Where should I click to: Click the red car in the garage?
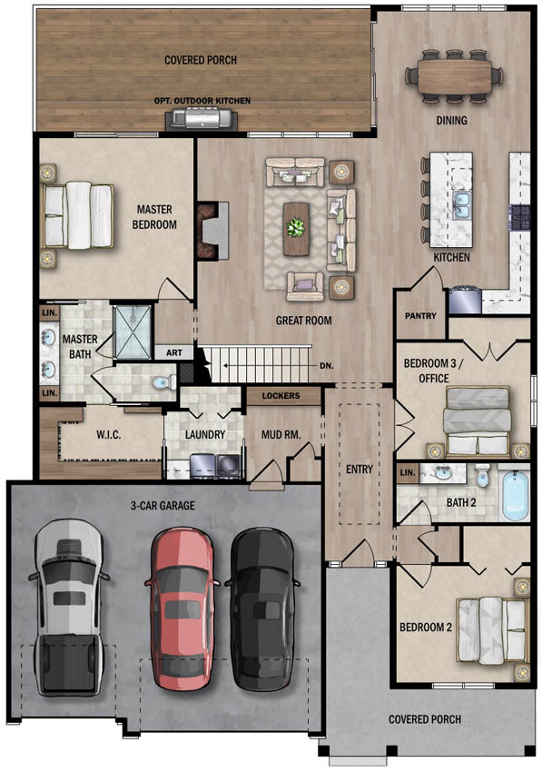tap(182, 609)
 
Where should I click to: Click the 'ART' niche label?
tap(173, 352)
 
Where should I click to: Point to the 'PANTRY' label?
tap(420, 315)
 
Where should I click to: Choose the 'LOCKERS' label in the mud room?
tap(281, 395)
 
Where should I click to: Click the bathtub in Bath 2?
tap(516, 495)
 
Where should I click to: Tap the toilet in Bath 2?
tap(482, 475)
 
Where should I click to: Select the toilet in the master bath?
tap(163, 382)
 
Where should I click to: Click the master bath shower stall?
tap(132, 332)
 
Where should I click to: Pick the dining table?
tap(454, 75)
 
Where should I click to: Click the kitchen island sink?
tap(462, 204)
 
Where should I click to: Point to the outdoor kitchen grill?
tap(202, 119)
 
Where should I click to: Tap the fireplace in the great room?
tap(213, 230)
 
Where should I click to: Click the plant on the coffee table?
tap(296, 228)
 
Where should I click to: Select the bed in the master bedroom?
tap(78, 215)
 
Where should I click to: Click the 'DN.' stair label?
tap(327, 366)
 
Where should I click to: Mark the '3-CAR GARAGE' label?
tap(163, 506)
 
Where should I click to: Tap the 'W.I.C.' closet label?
tap(108, 435)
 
